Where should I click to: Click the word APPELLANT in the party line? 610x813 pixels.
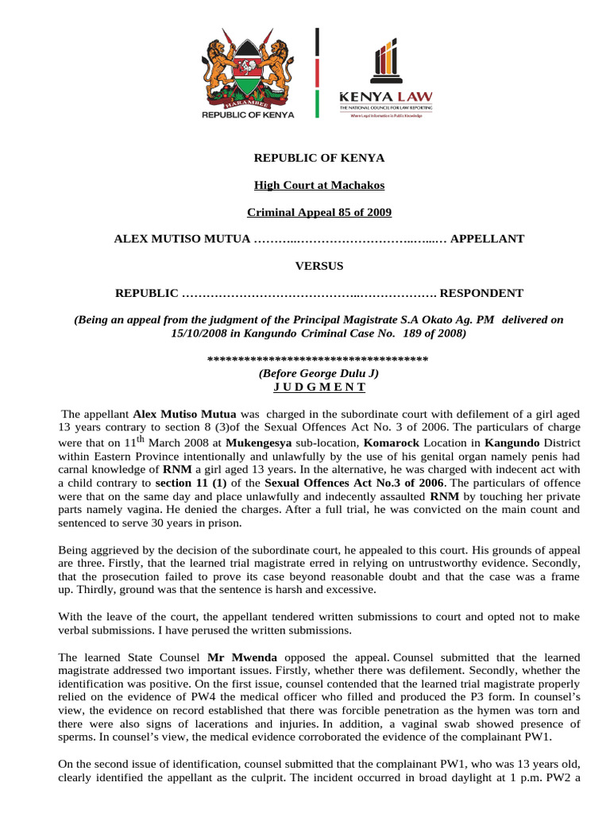click(487, 239)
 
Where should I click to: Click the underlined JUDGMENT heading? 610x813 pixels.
click(319, 387)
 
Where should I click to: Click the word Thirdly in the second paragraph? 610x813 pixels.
click(118, 589)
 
